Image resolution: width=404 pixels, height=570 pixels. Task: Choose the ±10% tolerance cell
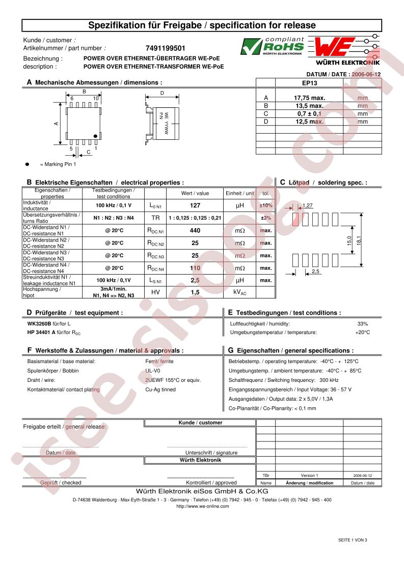pos(265,205)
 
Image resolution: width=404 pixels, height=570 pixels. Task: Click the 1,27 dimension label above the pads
pos(308,205)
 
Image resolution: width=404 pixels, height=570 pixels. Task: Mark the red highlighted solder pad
pos(295,219)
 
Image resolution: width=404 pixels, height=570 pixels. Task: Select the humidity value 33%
pos(362,323)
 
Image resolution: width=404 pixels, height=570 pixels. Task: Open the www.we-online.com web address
pos(202,506)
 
